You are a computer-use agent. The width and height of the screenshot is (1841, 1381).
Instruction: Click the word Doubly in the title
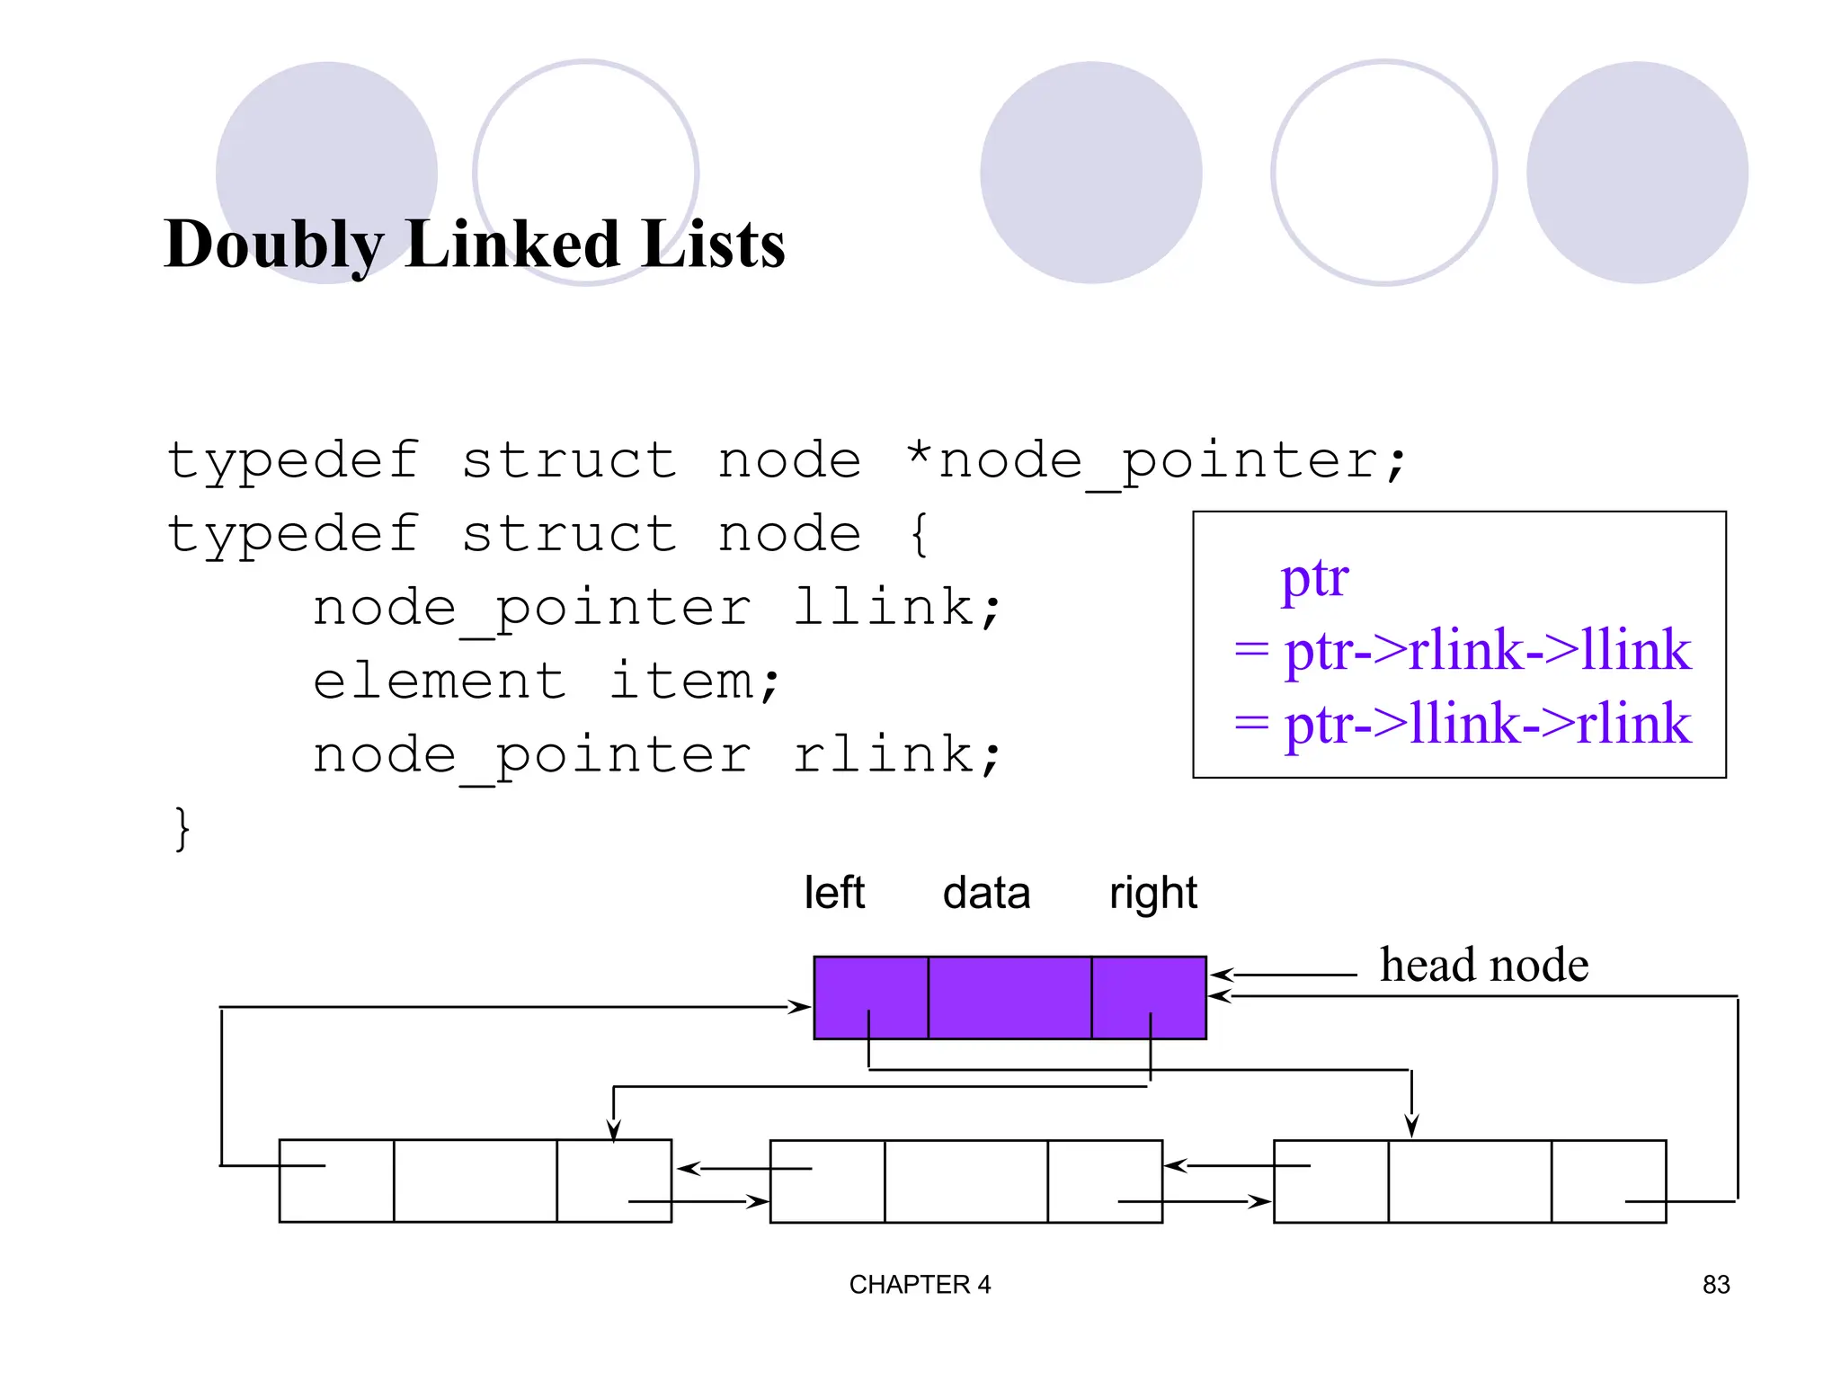(x=274, y=245)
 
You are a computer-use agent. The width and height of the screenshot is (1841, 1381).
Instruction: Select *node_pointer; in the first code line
(x=1155, y=461)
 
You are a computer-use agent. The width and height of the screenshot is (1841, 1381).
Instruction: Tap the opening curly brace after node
(x=918, y=534)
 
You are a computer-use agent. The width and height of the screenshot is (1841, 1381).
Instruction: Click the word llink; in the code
(x=896, y=607)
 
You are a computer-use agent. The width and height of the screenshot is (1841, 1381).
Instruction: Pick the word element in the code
(x=440, y=681)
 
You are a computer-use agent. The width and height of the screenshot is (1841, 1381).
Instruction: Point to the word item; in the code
(x=695, y=681)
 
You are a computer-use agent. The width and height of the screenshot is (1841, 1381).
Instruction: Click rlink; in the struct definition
(x=896, y=753)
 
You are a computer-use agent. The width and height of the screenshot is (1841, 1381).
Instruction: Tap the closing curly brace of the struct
(x=182, y=827)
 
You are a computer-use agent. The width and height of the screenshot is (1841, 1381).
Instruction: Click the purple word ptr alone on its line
(x=1314, y=577)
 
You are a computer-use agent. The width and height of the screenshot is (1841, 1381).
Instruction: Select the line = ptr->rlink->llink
(x=1462, y=649)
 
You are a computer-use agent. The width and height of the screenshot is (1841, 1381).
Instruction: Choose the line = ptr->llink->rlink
(x=1462, y=723)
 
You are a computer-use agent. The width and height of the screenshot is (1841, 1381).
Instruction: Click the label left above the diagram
(x=834, y=893)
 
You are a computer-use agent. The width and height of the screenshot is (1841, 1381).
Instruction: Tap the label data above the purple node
(x=986, y=893)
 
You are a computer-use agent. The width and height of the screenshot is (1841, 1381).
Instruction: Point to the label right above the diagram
(x=1153, y=893)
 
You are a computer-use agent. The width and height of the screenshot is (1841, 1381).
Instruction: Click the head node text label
(x=1484, y=965)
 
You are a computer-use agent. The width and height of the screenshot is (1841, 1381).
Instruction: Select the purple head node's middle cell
(x=1009, y=998)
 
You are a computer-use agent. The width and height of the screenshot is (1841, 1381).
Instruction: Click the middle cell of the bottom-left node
(x=475, y=1181)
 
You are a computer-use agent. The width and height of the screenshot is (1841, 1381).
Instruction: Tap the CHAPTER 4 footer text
(x=920, y=1285)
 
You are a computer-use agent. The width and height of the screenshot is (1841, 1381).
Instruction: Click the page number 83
(x=1715, y=1285)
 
